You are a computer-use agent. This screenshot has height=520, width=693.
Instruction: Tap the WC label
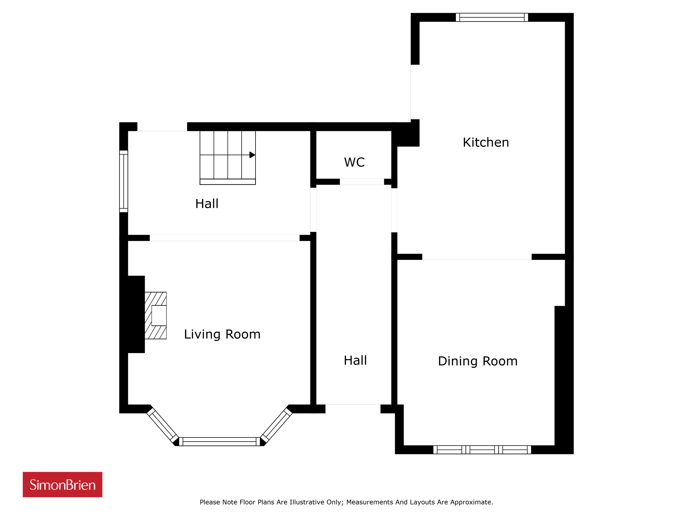[354, 162]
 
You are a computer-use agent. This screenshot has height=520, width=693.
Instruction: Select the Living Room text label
[222, 334]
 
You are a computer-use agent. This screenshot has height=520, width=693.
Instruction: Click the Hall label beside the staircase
[207, 204]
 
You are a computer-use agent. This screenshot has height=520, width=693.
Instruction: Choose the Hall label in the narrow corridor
[355, 361]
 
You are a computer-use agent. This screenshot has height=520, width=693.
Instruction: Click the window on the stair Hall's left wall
[124, 181]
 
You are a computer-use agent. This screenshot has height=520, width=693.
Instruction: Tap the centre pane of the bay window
[220, 441]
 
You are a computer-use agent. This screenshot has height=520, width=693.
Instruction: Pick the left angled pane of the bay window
[163, 425]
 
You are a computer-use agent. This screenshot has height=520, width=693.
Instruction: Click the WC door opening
[362, 182]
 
